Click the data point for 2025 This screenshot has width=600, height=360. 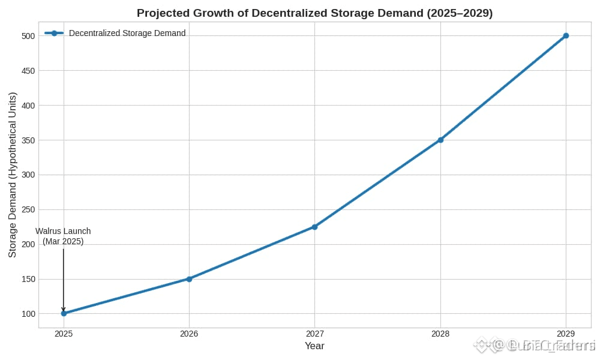click(64, 313)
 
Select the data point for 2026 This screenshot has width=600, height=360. click(189, 279)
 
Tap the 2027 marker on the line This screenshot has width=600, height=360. click(314, 227)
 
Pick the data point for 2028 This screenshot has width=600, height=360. click(440, 140)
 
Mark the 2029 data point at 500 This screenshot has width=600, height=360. click(566, 35)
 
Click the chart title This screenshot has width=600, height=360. click(314, 13)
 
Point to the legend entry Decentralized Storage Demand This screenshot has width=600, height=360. click(127, 33)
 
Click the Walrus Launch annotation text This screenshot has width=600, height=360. click(63, 236)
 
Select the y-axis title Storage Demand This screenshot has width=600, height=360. click(13, 175)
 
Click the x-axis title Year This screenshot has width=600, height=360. click(314, 346)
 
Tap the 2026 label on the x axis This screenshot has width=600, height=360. click(189, 334)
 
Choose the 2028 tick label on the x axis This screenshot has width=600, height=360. click(440, 334)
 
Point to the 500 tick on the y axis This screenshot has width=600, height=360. click(28, 35)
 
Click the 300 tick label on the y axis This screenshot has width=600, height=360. click(28, 175)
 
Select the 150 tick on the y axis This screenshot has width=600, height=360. click(28, 279)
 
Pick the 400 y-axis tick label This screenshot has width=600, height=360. click(28, 105)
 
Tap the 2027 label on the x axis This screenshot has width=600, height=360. click(314, 334)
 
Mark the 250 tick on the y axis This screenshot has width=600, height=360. click(28, 209)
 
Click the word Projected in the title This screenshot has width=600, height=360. click(163, 13)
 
